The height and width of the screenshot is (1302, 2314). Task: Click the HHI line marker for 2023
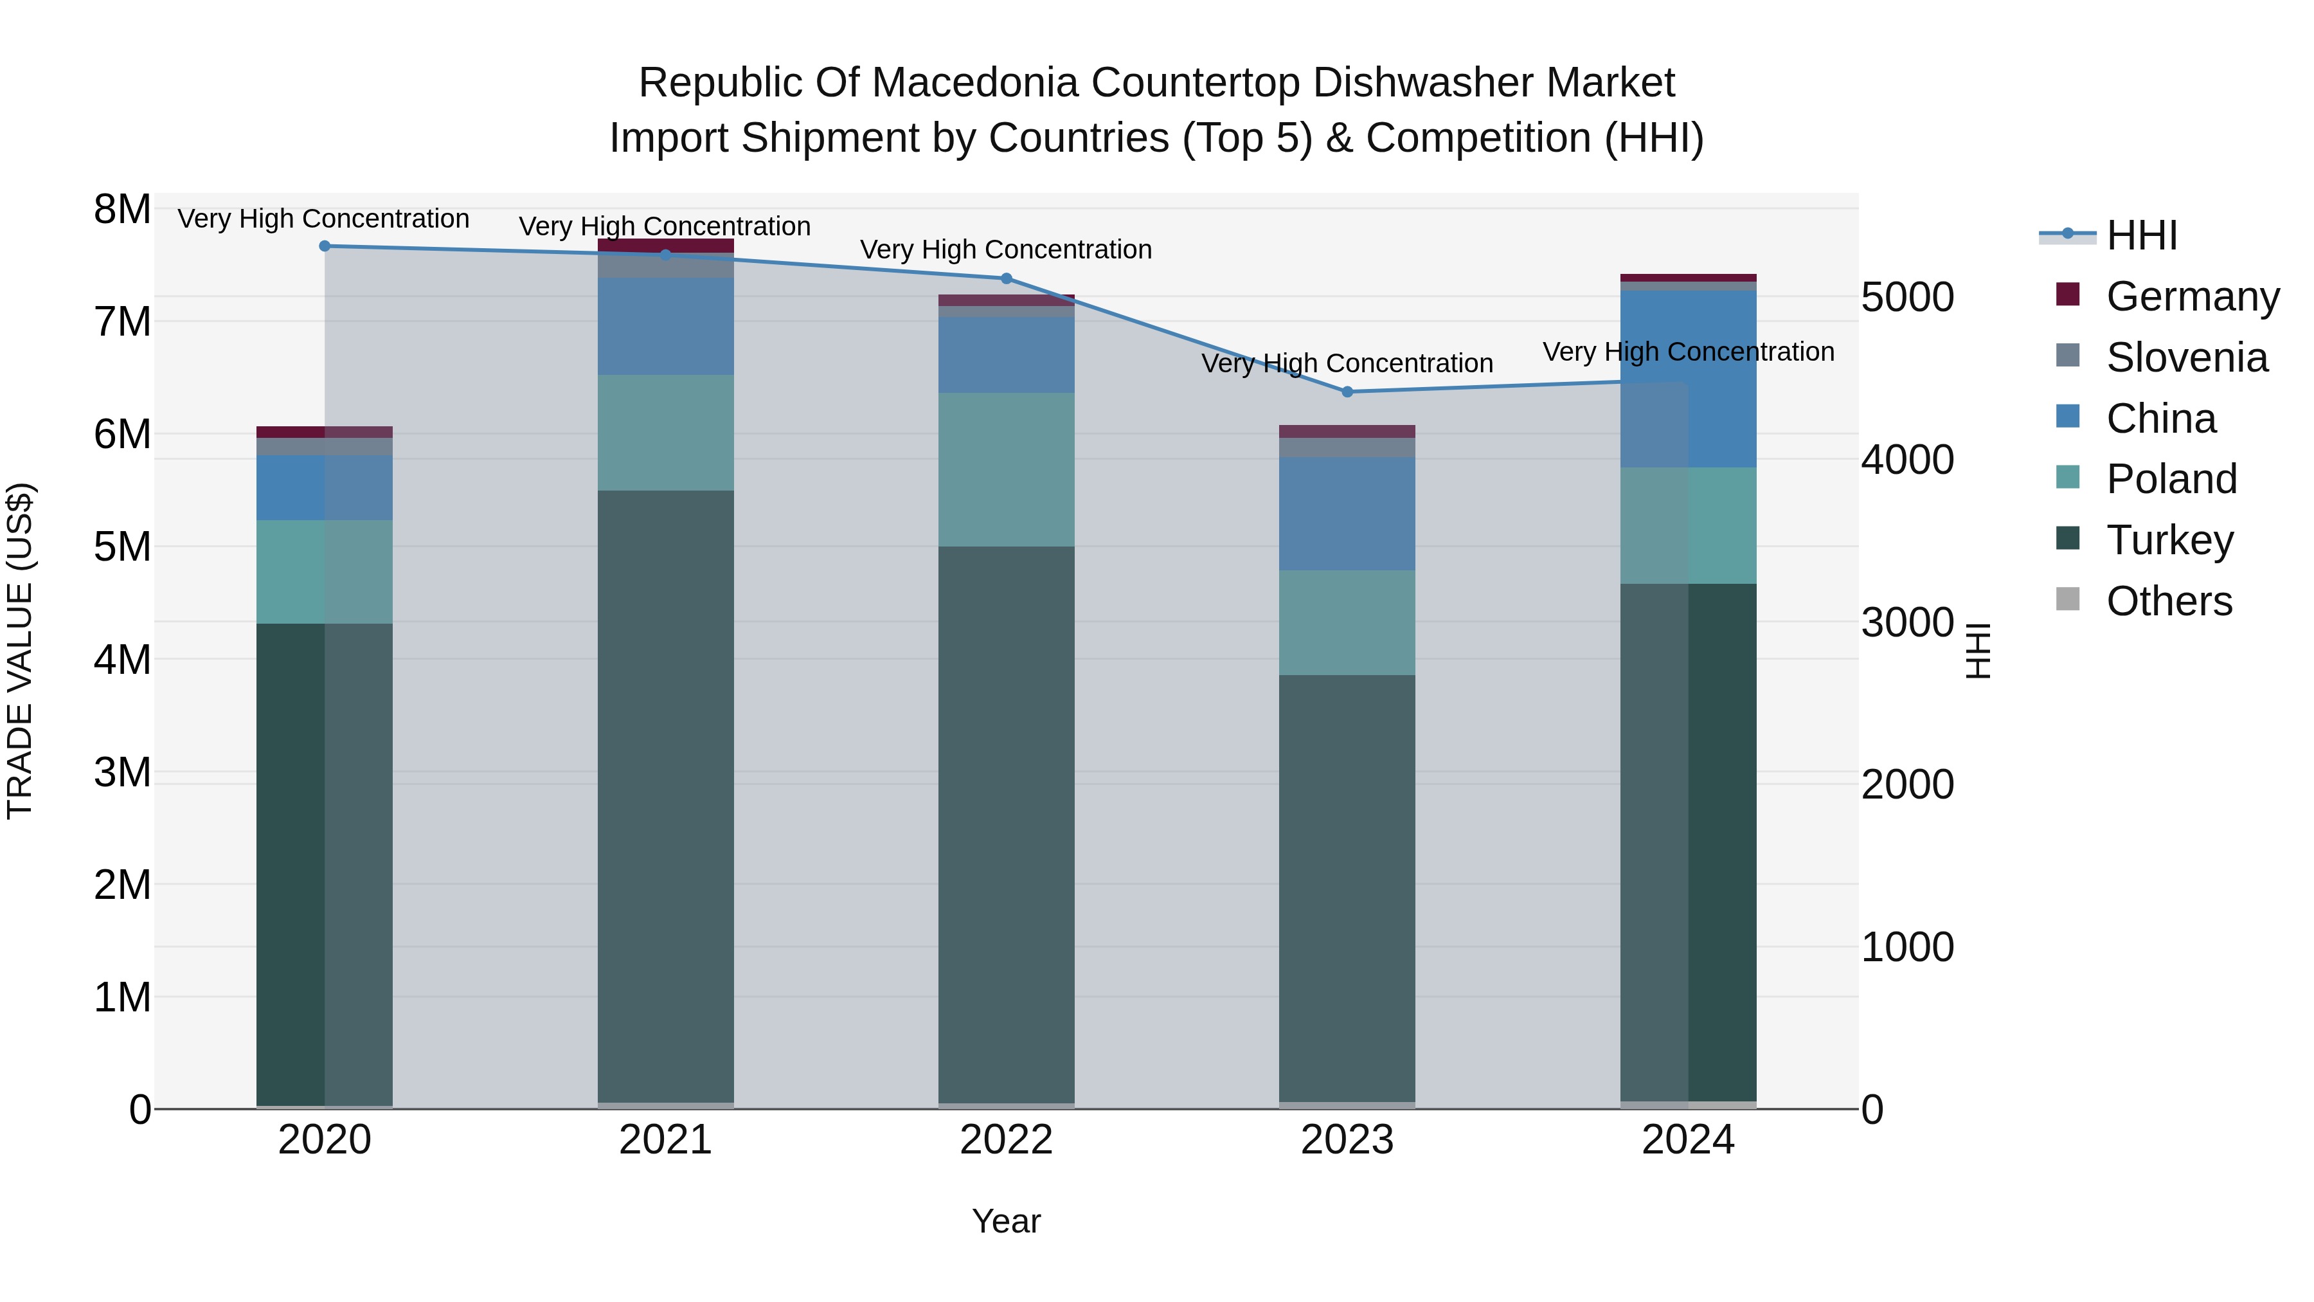(1347, 392)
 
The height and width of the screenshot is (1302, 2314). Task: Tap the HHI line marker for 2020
(325, 246)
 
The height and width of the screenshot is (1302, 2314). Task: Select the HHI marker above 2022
(1006, 278)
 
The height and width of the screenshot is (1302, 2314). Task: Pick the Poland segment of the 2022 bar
(1006, 469)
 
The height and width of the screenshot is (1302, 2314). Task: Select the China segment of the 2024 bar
(1688, 378)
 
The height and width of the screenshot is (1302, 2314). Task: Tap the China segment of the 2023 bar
(1347, 513)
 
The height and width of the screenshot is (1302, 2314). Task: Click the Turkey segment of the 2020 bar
(325, 863)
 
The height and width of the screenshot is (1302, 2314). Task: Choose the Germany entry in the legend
(2192, 296)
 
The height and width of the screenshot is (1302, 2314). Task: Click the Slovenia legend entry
(2187, 357)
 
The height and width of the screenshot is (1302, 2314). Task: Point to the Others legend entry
(2169, 601)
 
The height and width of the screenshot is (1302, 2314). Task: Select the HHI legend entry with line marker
(2142, 235)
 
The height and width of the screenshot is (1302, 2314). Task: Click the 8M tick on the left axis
(122, 210)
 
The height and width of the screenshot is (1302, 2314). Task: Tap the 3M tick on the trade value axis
(122, 772)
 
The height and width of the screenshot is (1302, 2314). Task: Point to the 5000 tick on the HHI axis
(1907, 298)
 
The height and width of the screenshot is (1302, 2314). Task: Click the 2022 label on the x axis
(1006, 1140)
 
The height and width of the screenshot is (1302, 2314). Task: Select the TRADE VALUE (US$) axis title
(20, 651)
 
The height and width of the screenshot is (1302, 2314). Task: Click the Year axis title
(1006, 1221)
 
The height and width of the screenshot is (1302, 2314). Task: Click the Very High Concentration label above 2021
(665, 226)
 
